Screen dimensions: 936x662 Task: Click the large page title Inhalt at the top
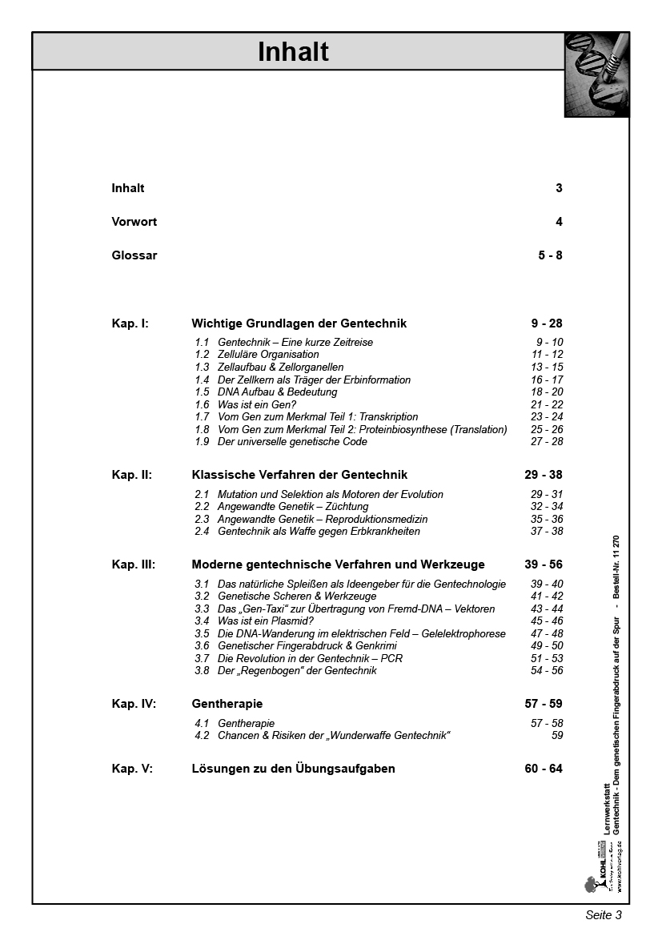tap(293, 52)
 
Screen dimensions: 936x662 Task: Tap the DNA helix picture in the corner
tap(596, 74)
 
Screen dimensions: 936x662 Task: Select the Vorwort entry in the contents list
tap(134, 222)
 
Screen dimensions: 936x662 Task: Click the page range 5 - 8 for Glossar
tap(550, 255)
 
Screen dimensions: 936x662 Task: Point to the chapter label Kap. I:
tap(130, 323)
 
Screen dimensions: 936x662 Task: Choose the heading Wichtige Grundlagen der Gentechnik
tap(299, 323)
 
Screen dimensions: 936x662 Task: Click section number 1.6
tap(202, 404)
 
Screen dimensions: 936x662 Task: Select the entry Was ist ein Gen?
tap(256, 404)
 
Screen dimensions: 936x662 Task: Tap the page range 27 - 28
tap(547, 442)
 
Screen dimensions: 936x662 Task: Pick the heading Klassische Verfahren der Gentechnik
tap(299, 475)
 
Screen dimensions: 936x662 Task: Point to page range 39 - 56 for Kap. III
tap(544, 564)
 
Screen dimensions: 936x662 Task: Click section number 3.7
tap(202, 658)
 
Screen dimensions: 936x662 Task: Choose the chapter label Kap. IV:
tap(134, 704)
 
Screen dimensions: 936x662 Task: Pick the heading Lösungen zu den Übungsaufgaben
tap(293, 769)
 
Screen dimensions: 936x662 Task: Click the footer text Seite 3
tap(603, 915)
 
